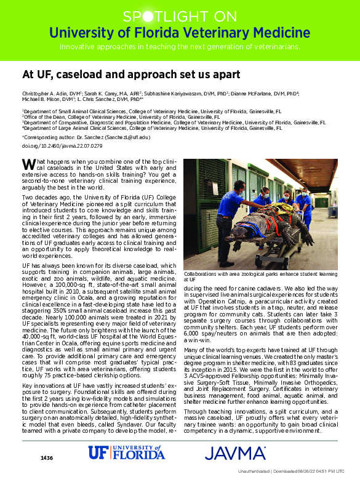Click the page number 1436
coord(47,458)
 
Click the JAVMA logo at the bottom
coord(235,454)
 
